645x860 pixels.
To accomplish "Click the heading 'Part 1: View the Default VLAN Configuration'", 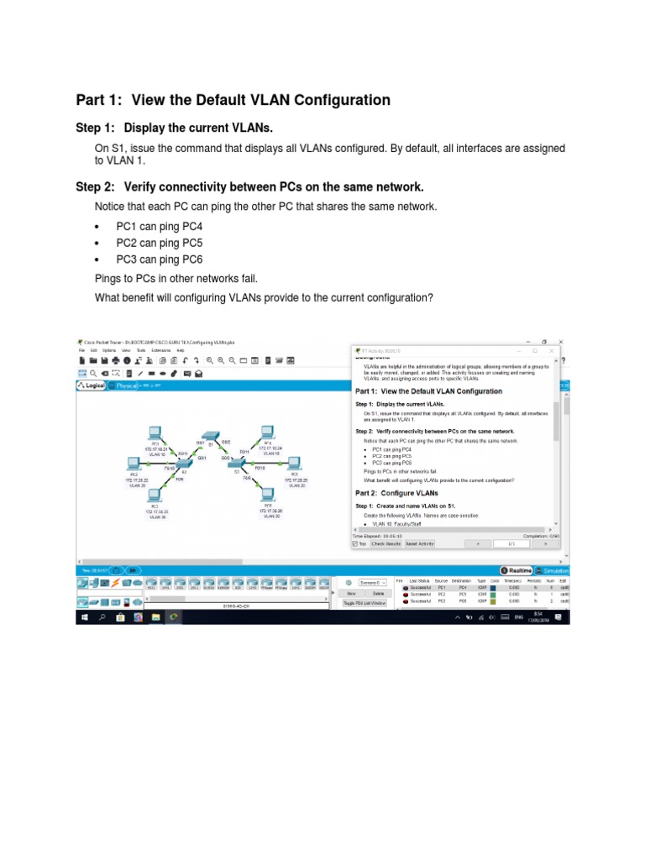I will click(233, 100).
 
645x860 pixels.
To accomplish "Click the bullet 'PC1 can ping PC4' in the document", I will click(159, 227).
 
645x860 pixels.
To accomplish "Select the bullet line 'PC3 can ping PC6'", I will click(159, 260).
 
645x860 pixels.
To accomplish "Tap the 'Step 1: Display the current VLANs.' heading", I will click(174, 128).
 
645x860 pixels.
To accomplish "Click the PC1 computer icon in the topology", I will click(155, 433).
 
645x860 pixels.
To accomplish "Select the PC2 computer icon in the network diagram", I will click(133, 464).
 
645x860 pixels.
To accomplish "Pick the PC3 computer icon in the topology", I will click(155, 496).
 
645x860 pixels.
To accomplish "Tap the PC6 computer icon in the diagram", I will click(267, 496).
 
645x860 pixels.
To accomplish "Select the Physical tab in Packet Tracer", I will click(123, 385).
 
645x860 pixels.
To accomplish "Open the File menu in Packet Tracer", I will click(82, 350).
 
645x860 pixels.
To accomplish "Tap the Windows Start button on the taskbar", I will click(84, 616).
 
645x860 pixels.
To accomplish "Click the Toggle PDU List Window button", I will click(364, 602).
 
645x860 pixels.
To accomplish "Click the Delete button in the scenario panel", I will click(378, 593).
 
